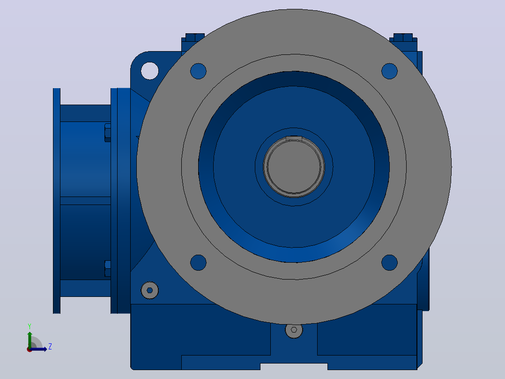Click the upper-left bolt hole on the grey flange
pyautogui.click(x=198, y=71)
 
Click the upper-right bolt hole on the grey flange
pyautogui.click(x=389, y=71)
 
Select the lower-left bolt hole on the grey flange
pyautogui.click(x=198, y=263)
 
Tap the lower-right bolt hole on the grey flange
pyautogui.click(x=389, y=263)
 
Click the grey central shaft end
pyautogui.click(x=294, y=167)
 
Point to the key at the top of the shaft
pyautogui.click(x=294, y=138)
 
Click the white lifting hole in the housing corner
pyautogui.click(x=150, y=71)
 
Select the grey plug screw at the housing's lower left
pyautogui.click(x=150, y=290)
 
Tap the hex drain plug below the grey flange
pyautogui.click(x=294, y=330)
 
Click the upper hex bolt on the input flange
pyautogui.click(x=108, y=133)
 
